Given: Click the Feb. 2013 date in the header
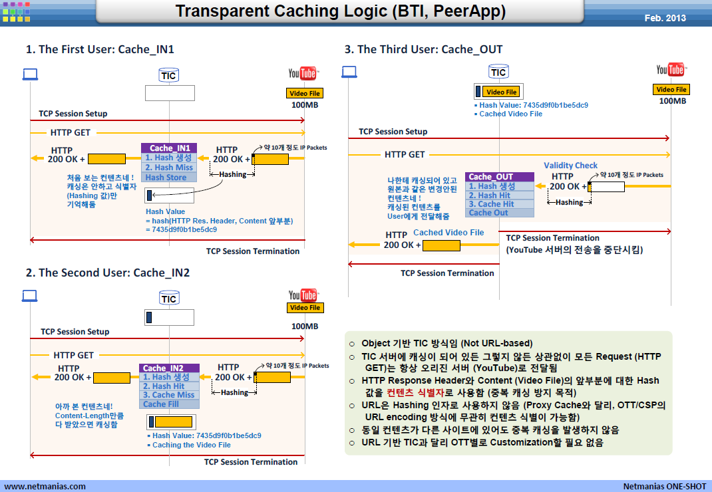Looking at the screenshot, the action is coord(665,18).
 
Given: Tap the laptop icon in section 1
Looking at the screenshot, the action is coord(30,74).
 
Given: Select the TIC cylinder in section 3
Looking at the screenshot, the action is coord(498,72).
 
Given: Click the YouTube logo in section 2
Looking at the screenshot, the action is coord(303,295).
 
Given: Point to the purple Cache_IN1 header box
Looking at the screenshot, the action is coord(169,148).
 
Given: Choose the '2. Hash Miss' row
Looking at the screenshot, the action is coord(169,168).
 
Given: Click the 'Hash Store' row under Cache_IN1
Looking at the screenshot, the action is coord(169,178).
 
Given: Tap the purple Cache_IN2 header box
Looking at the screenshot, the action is coord(169,368).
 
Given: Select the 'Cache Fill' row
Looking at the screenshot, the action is coord(169,404).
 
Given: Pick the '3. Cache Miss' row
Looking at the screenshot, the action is coord(169,395).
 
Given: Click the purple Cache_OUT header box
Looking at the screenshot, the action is coord(500,177).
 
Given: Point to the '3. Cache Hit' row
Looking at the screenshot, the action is coord(500,204).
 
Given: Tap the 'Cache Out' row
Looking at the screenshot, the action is coord(500,213).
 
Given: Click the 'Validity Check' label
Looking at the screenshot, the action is coord(570,166).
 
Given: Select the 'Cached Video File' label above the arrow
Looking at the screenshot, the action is coord(448,233).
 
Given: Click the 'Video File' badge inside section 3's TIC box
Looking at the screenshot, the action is coord(501,92).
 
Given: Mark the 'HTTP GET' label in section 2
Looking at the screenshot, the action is coord(74,355).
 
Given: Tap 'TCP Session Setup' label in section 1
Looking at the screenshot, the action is coord(73,114).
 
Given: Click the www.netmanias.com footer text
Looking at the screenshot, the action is coord(45,486).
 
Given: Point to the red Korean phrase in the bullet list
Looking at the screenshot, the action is coord(415,392).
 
